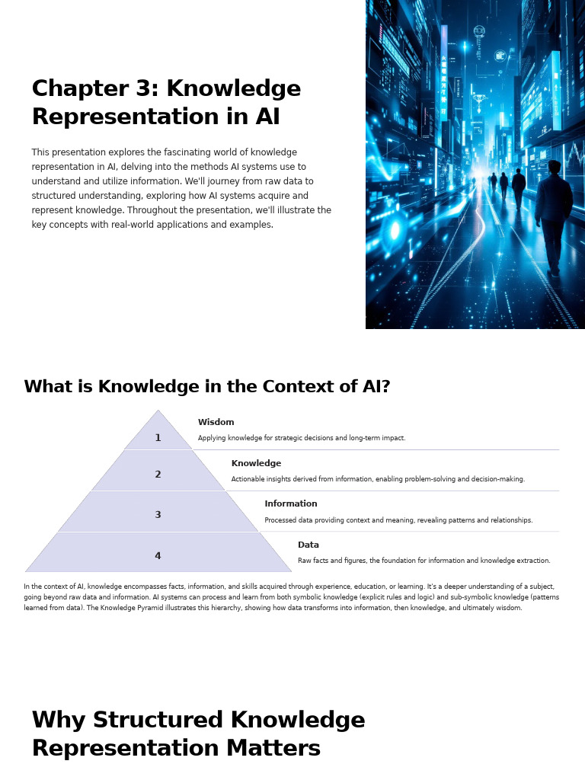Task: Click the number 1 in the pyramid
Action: point(158,438)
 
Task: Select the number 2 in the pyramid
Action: point(158,475)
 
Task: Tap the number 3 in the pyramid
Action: point(158,515)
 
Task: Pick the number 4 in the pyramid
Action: point(158,556)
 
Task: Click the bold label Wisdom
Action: point(216,423)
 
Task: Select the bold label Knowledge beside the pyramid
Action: point(256,463)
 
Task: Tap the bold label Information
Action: point(290,503)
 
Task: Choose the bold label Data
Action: point(308,545)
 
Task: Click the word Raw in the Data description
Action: point(305,561)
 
